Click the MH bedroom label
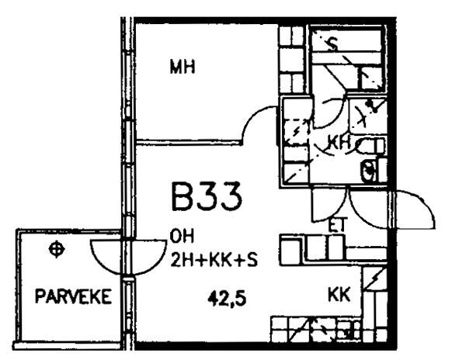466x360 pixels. [x=183, y=67]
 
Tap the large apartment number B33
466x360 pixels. [x=207, y=196]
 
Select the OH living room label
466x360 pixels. [x=182, y=237]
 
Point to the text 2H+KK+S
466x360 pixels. [x=214, y=260]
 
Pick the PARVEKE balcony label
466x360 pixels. [x=74, y=296]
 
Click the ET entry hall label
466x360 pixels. [x=338, y=225]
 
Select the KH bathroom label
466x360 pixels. [x=339, y=142]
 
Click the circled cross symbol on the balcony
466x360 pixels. [x=57, y=249]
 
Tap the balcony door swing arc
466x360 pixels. [x=128, y=258]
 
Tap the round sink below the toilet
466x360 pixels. [x=369, y=171]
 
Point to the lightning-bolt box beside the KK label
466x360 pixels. [x=375, y=279]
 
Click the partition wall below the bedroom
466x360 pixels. [x=188, y=143]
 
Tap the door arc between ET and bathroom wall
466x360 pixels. [x=329, y=205]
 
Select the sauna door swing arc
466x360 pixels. [x=330, y=112]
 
